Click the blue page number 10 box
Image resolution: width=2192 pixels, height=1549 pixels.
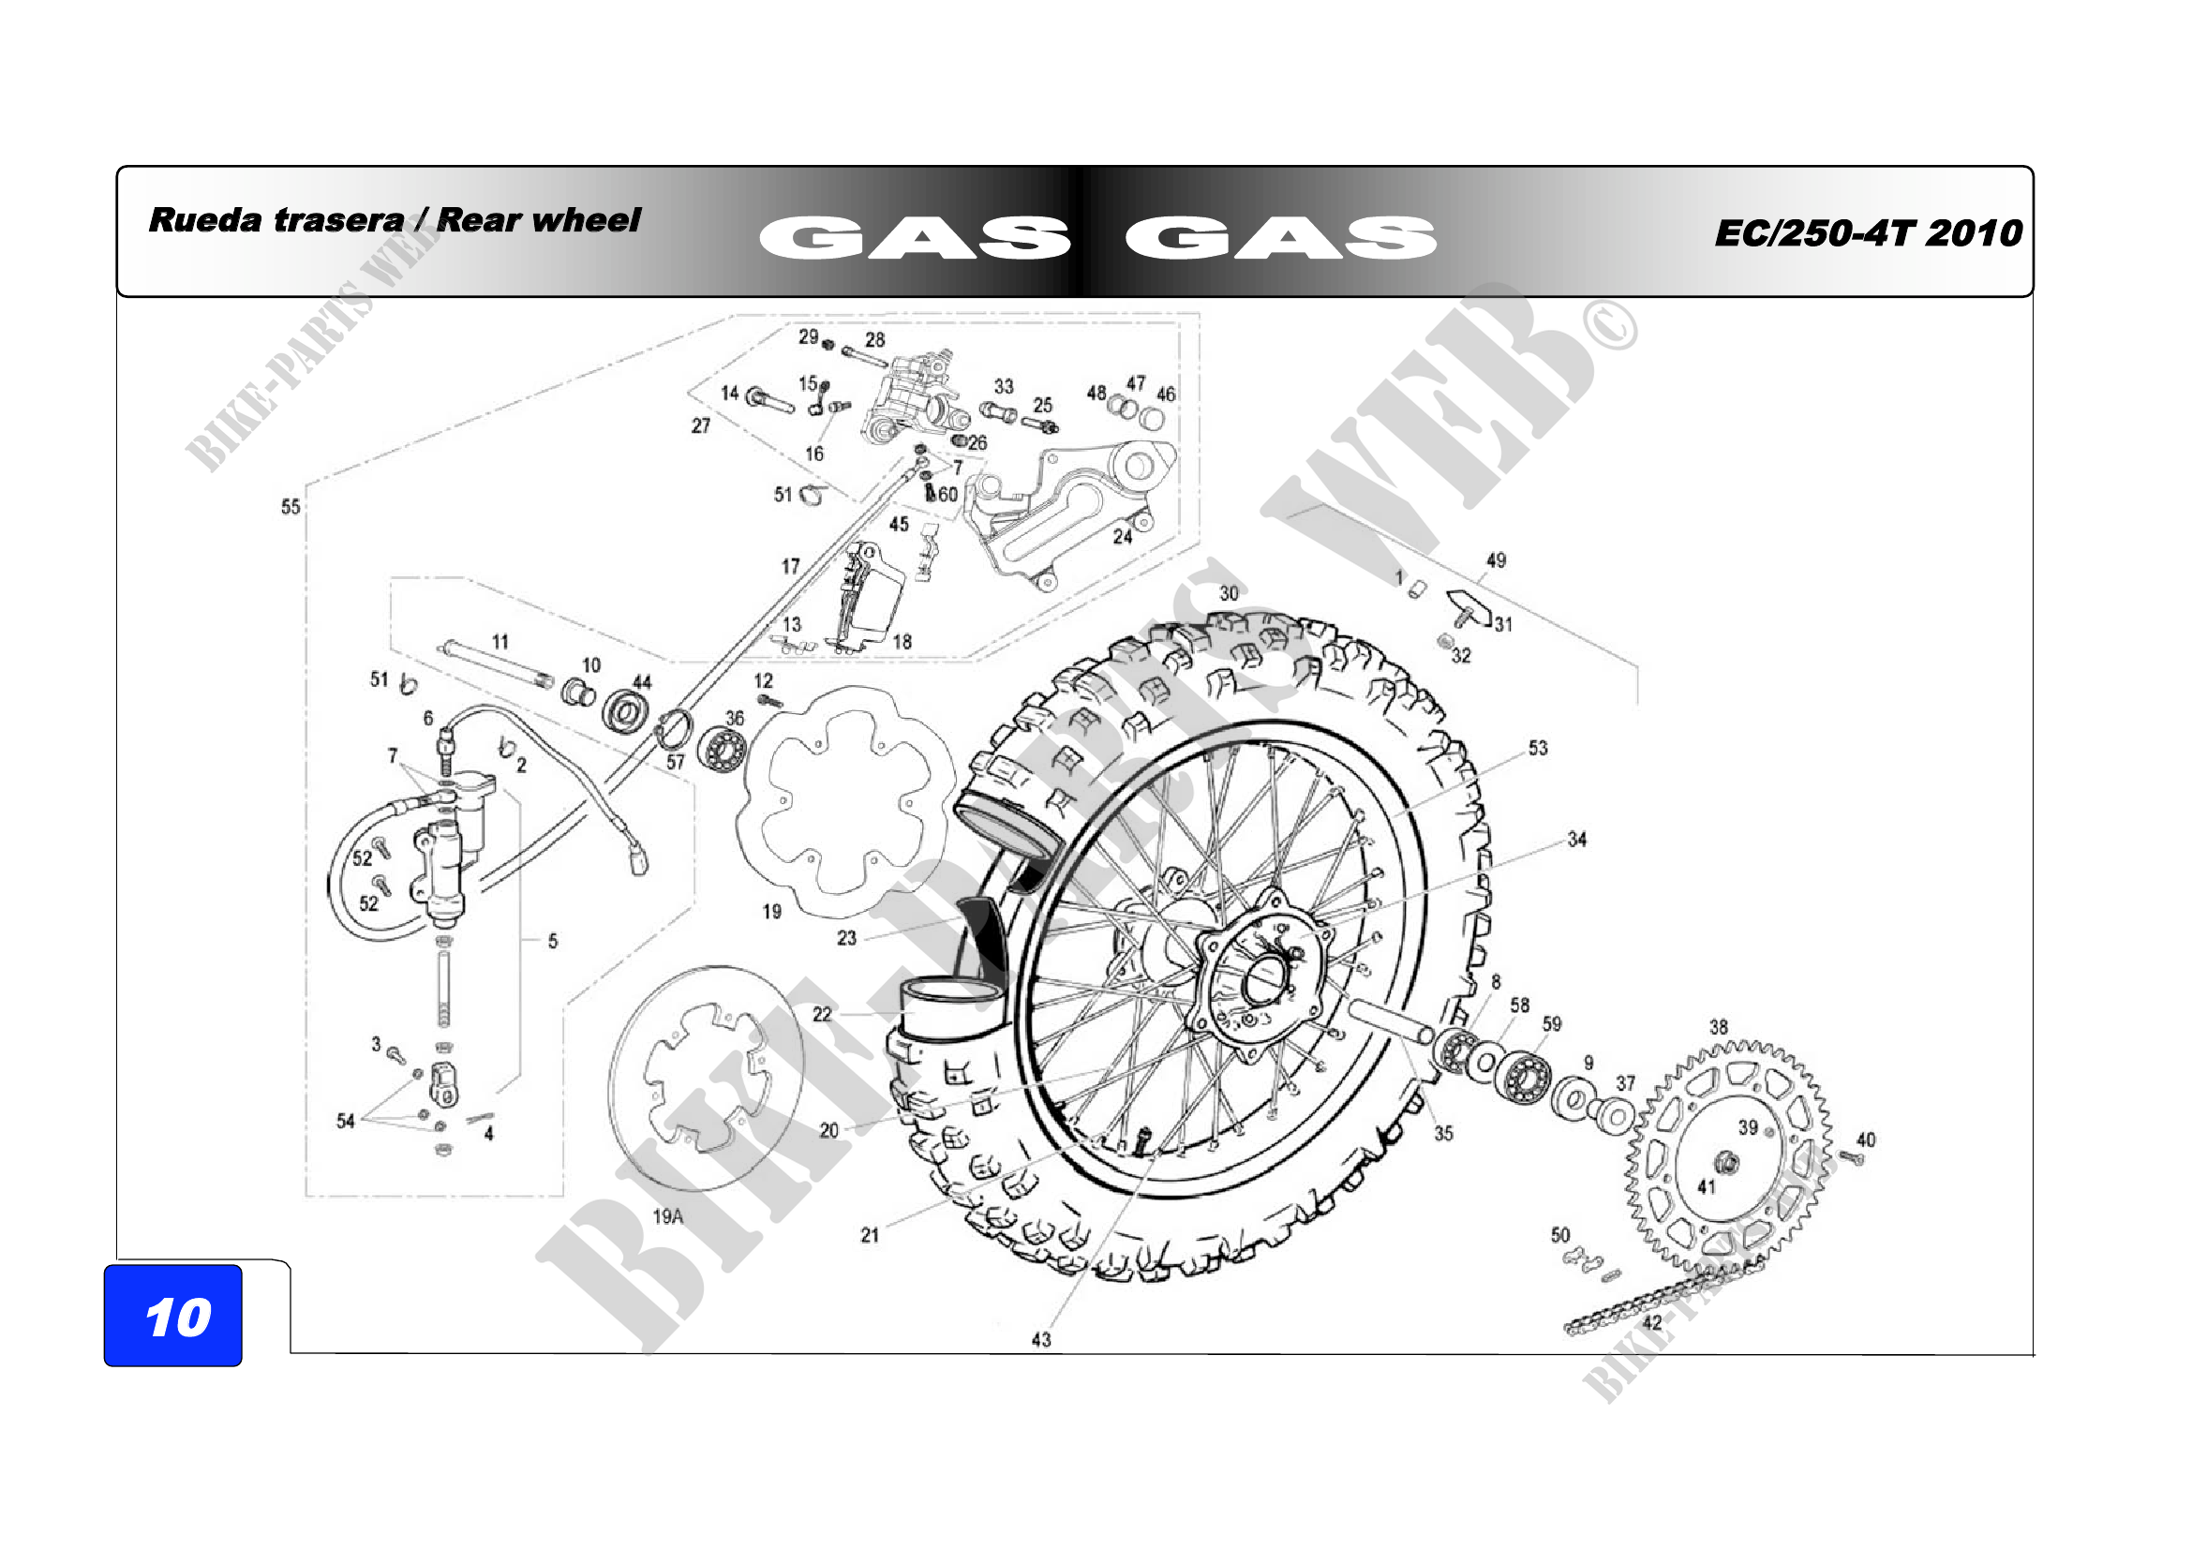coord(172,1315)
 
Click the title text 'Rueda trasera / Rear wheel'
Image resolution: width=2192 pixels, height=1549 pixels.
coord(395,220)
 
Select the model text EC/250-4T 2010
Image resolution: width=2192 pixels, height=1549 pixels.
coord(1869,233)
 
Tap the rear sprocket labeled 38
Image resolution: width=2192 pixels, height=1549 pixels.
coord(1727,1158)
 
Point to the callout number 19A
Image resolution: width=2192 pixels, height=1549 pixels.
coord(667,1216)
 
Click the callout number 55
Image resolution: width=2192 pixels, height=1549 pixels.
coord(291,507)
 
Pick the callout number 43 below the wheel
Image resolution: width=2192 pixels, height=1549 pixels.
coord(1041,1340)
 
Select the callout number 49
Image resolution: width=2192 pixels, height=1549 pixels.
coord(1496,560)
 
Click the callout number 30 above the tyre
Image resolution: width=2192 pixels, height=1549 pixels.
coord(1229,593)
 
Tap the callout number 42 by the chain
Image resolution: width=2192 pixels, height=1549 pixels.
coord(1651,1323)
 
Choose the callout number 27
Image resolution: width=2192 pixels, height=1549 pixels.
coord(701,425)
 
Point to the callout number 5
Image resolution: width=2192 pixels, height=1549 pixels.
coord(553,941)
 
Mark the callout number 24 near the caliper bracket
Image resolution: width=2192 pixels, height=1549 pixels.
coord(1123,536)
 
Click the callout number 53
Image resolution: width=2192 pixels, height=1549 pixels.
coord(1538,748)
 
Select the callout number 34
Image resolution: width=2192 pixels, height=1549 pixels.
coord(1577,840)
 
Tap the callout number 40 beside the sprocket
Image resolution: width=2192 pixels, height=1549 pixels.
coord(1867,1139)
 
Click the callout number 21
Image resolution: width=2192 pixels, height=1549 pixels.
coord(870,1235)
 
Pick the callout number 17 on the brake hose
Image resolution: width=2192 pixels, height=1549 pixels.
coord(791,567)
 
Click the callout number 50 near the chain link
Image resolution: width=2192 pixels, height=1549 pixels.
coord(1560,1235)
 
